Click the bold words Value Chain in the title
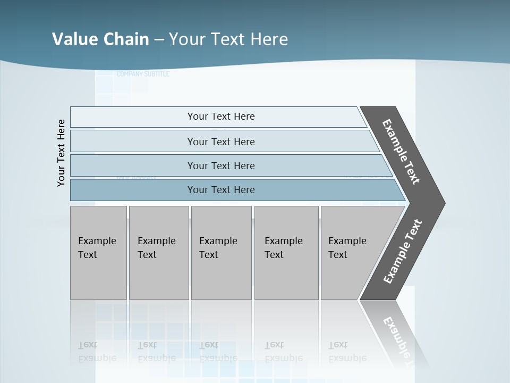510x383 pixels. [x=100, y=39]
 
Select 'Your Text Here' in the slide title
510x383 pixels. [x=228, y=39]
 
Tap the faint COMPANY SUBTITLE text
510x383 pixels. [x=143, y=74]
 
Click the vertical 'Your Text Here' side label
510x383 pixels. [x=61, y=153]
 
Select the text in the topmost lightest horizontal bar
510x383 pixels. [x=221, y=116]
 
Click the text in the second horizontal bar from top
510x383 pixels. [x=221, y=142]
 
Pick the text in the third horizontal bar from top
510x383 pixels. [x=221, y=166]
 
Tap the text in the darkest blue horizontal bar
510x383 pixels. [x=221, y=190]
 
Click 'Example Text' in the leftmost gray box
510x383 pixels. [x=97, y=248]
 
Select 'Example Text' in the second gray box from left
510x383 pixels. [x=156, y=248]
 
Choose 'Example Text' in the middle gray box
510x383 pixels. [x=218, y=248]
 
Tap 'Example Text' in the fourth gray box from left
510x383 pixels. [x=283, y=248]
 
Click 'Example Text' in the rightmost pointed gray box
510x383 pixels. [x=347, y=248]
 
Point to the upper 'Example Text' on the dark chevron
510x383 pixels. [x=401, y=152]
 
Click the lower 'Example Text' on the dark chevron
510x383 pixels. [x=403, y=252]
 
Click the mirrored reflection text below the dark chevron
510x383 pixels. [x=398, y=340]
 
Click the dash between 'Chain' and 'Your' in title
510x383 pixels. [x=159, y=40]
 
